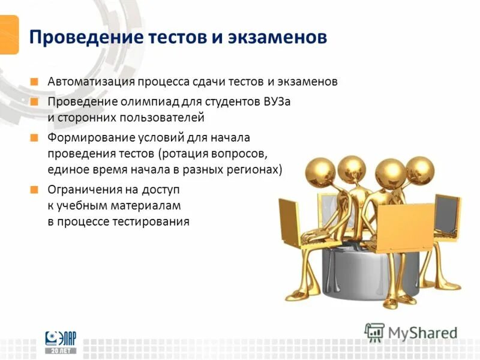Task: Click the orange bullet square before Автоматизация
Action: [x=35, y=81]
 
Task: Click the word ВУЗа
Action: [x=277, y=101]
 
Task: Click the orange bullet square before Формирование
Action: [x=35, y=138]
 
